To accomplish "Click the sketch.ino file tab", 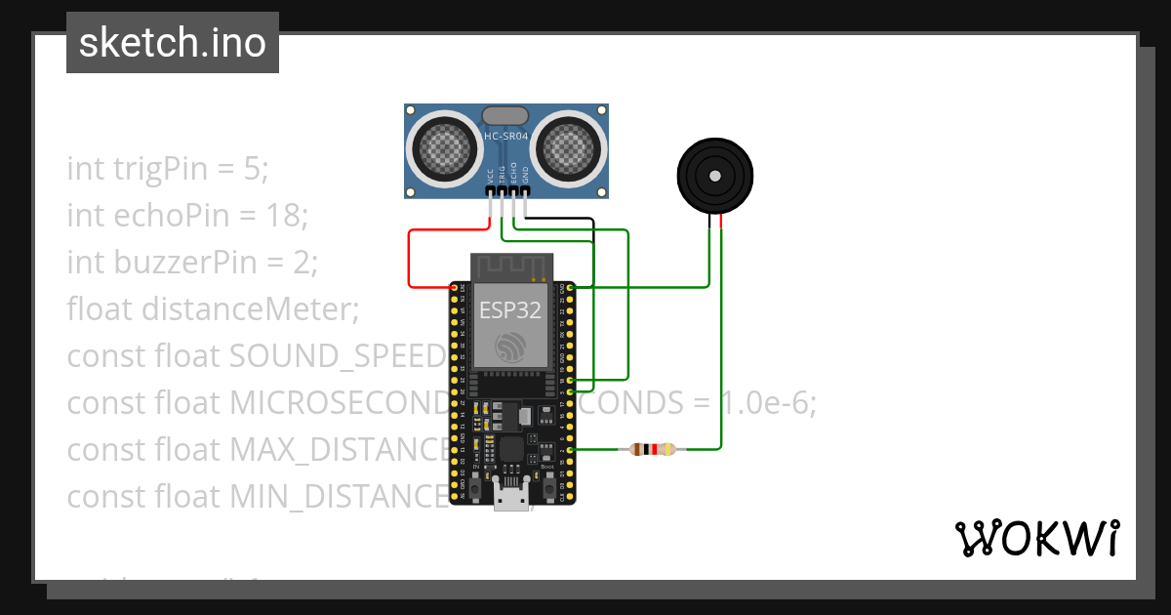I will pyautogui.click(x=172, y=43).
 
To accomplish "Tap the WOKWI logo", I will pyautogui.click(x=1036, y=538).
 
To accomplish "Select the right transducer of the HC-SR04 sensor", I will pyautogui.click(x=568, y=146).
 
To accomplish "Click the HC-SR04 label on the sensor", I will pyautogui.click(x=506, y=137).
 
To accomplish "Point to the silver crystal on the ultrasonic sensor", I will pyautogui.click(x=506, y=116).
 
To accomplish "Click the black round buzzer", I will pyautogui.click(x=715, y=176).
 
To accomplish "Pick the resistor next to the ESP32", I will pyautogui.click(x=652, y=450).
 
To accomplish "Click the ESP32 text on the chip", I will pyautogui.click(x=509, y=310).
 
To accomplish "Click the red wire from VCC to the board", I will pyautogui.click(x=409, y=259).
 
